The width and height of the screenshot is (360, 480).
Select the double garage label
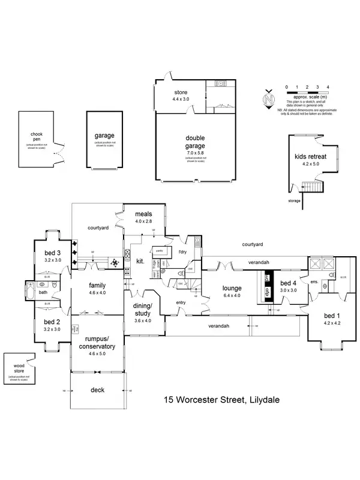195,142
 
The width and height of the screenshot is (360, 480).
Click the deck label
97,390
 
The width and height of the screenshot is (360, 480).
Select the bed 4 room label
289,283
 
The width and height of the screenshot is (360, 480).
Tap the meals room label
143,214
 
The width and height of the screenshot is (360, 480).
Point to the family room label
97,286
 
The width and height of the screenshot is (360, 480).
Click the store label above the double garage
181,92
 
